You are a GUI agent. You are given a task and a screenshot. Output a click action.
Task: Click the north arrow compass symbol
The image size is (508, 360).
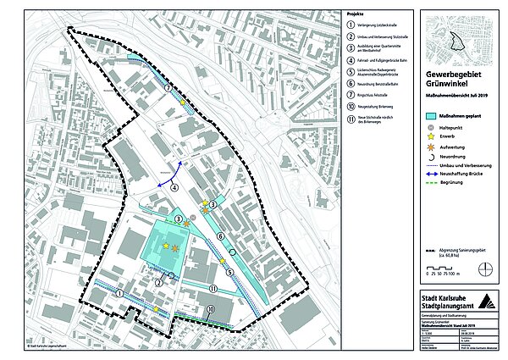tap(483, 269)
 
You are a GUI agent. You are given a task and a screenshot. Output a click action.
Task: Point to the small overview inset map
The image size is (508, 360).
tap(458, 41)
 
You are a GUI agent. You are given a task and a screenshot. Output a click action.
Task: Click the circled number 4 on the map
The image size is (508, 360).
tap(174, 186)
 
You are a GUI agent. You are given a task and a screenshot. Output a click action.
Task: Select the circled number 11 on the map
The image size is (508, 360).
tap(213, 288)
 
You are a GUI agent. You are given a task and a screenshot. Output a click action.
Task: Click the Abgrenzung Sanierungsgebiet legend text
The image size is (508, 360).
tap(461, 253)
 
